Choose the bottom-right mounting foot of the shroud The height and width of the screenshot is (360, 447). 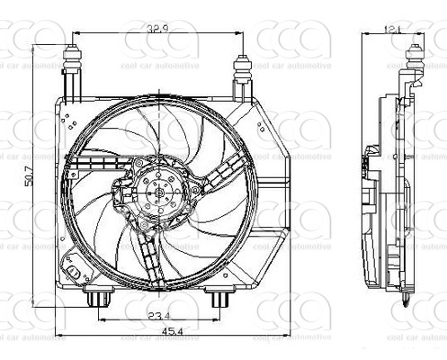point(217,297)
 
